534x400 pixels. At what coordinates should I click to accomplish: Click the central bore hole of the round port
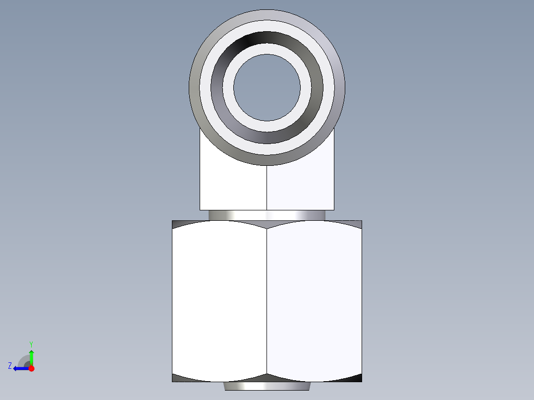267,87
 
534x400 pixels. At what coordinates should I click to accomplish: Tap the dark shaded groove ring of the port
267,38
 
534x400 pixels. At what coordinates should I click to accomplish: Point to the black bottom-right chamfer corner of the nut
357,378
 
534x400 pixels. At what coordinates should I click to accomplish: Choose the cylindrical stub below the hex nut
267,386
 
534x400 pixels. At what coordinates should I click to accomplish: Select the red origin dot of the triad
31,368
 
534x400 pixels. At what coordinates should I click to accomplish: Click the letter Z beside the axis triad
10,366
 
